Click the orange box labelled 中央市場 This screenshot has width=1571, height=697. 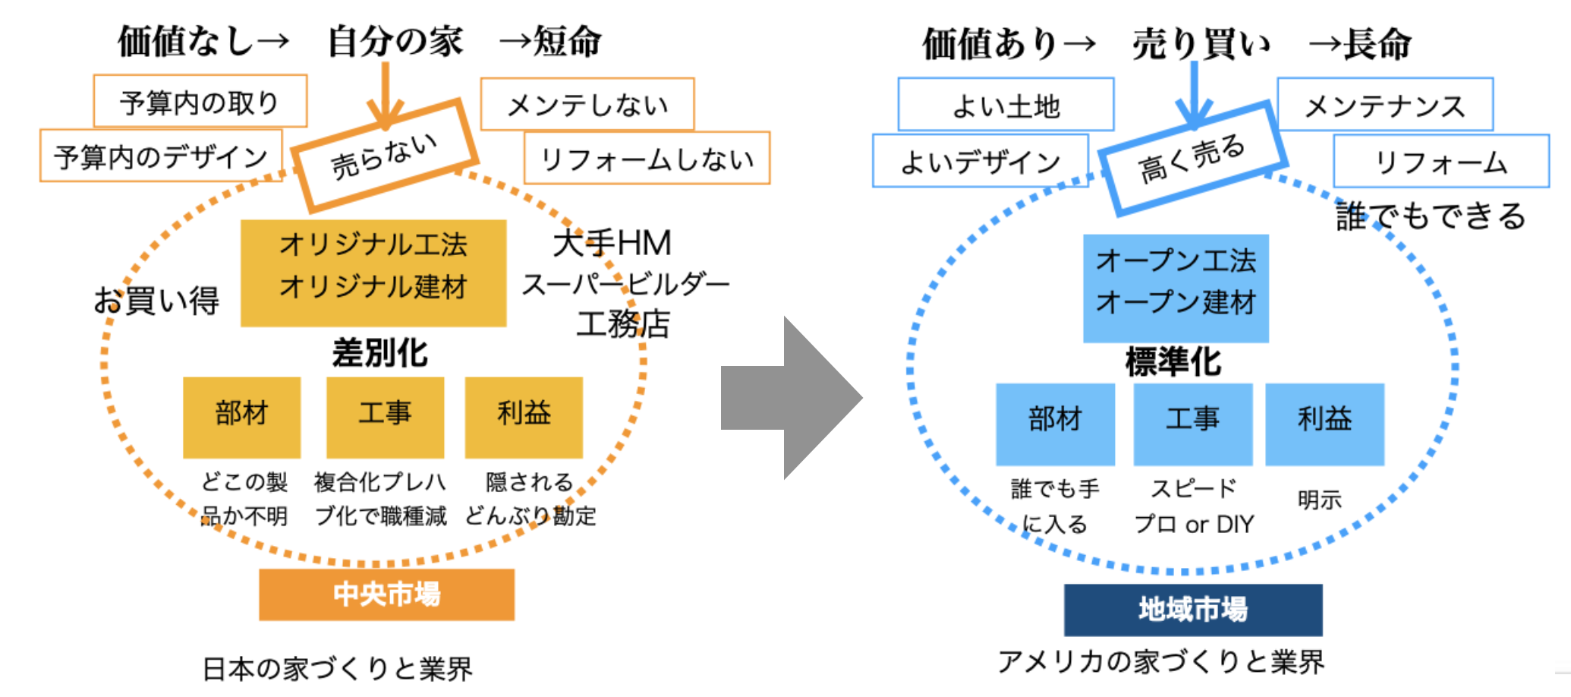[386, 594]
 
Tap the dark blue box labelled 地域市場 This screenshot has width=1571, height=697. [1192, 610]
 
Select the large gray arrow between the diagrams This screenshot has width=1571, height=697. [789, 398]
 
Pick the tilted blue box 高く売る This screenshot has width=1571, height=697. [1192, 158]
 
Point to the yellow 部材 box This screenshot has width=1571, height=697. [241, 417]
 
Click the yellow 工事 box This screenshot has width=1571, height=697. [385, 417]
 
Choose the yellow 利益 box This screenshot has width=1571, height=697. [524, 417]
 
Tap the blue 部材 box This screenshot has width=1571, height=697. [1055, 424]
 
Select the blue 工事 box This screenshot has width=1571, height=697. [1192, 424]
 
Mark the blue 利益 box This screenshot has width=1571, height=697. [1324, 424]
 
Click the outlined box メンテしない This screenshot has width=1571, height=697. [587, 104]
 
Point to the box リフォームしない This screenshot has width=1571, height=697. [647, 158]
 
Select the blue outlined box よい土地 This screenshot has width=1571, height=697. [1006, 104]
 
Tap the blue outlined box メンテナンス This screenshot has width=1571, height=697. [1385, 104]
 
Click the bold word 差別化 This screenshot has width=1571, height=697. [379, 353]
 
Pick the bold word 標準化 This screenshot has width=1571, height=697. [1173, 361]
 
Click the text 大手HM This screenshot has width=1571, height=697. [612, 244]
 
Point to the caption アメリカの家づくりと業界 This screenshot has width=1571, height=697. [1161, 661]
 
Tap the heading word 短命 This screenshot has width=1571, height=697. [567, 41]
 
